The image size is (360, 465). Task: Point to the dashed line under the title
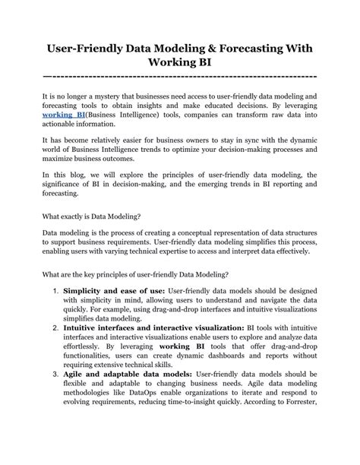pyautogui.click(x=180, y=76)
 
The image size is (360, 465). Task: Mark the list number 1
pyautogui.click(x=55, y=292)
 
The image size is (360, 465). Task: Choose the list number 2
pyautogui.click(x=55, y=328)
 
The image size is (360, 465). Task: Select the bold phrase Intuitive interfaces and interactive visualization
pyautogui.click(x=144, y=328)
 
